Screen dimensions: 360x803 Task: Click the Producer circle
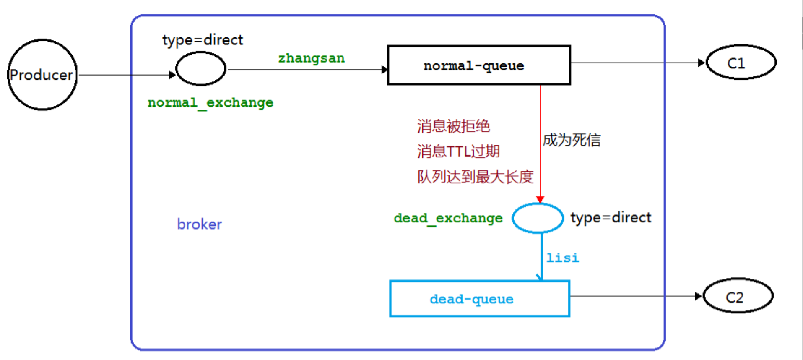42,75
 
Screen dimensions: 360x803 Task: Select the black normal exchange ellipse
201,69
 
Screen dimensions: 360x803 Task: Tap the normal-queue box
479,65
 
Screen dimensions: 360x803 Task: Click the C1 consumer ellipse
741,63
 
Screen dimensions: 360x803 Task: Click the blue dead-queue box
479,299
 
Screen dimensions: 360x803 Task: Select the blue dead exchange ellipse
538,218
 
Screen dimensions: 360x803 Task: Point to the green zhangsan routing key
312,58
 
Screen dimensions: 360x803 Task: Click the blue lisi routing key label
562,258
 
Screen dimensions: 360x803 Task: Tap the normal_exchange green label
210,103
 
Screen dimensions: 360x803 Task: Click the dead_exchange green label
448,218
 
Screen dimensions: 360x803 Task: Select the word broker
199,224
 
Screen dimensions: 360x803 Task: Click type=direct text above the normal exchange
203,40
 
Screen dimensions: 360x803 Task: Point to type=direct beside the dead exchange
611,217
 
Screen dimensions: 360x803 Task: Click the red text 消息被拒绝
453,126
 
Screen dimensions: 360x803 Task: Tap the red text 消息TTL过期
458,151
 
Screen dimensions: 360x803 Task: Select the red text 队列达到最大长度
475,177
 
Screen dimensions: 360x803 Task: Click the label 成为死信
572,140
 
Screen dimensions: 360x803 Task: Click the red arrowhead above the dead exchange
540,200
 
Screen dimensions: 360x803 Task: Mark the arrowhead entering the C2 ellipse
698,296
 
